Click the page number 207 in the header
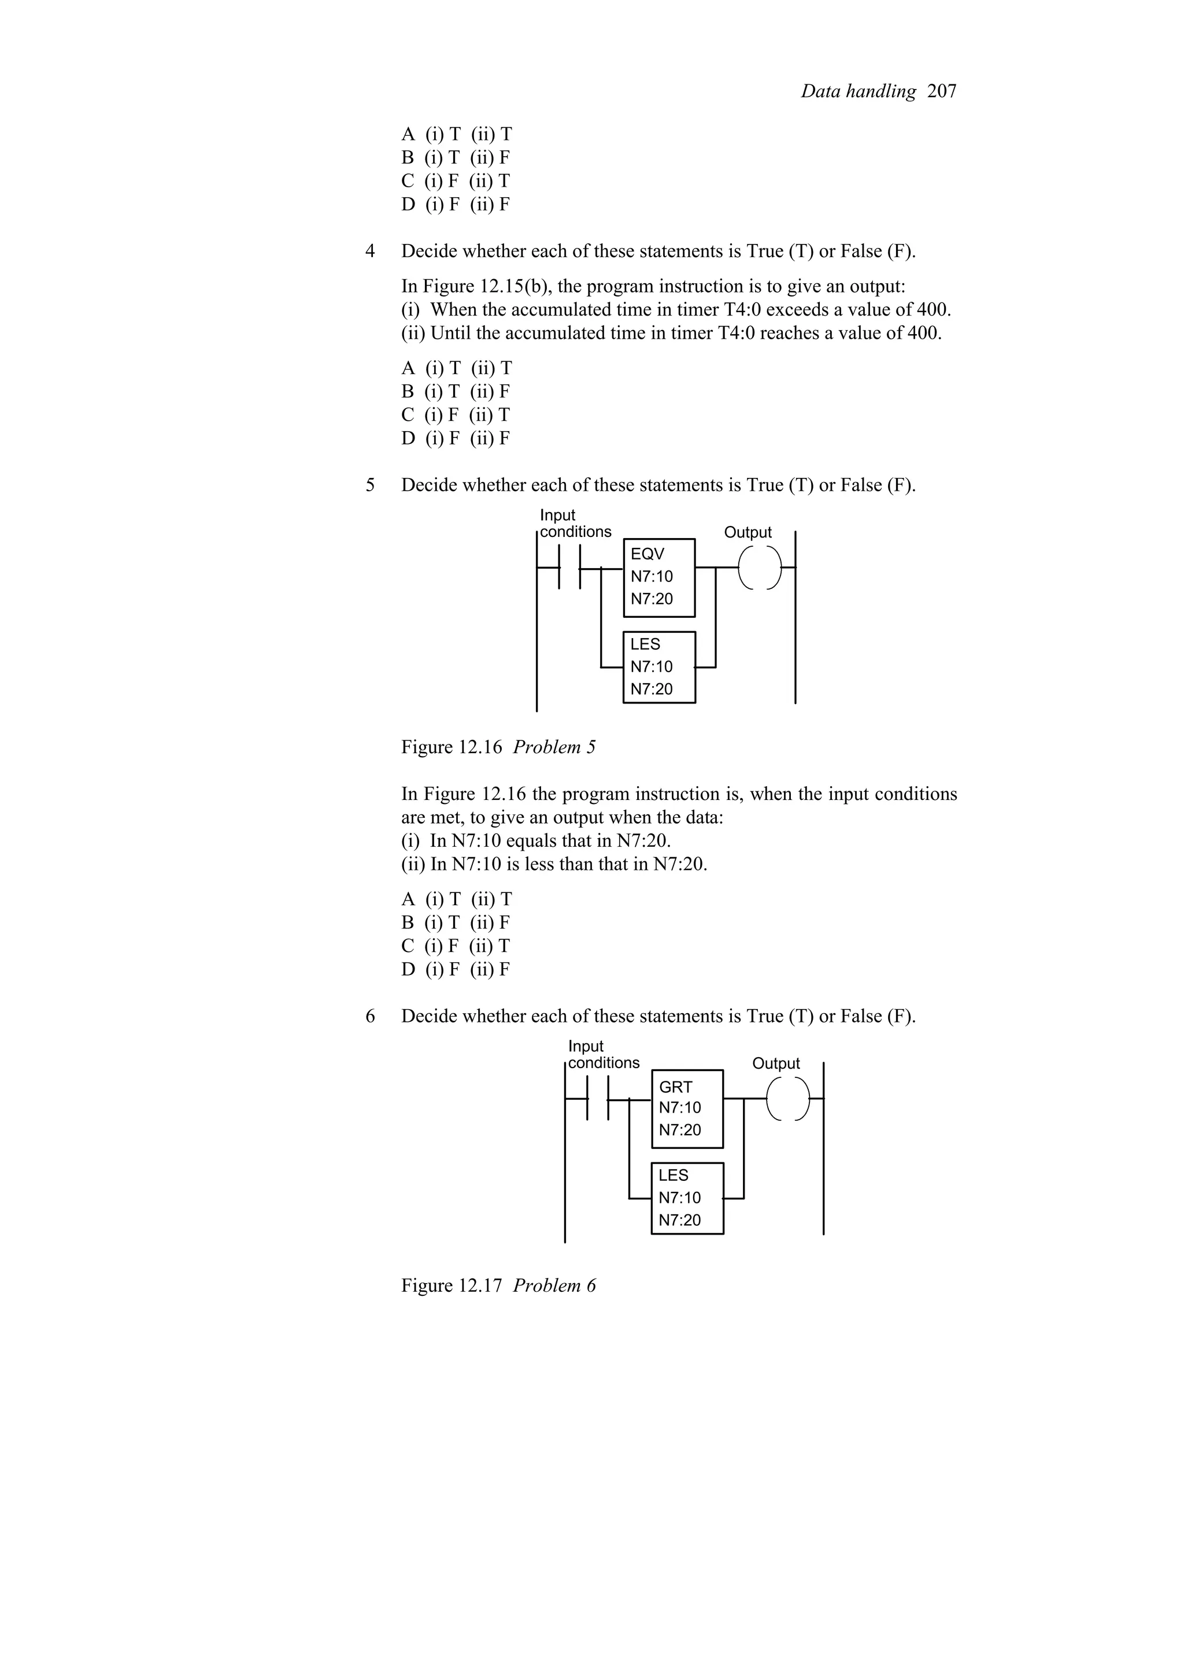pyautogui.click(x=942, y=91)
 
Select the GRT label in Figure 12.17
pyautogui.click(x=675, y=1087)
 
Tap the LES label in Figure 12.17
pyautogui.click(x=674, y=1175)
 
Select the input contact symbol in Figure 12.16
pyautogui.click(x=570, y=567)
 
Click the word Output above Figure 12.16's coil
pyautogui.click(x=748, y=532)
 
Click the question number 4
pyautogui.click(x=371, y=251)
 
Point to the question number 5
pyautogui.click(x=371, y=485)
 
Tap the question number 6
pyautogui.click(x=371, y=1016)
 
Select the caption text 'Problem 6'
pyautogui.click(x=554, y=1285)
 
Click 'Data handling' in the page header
pyautogui.click(x=858, y=91)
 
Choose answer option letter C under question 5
pyautogui.click(x=408, y=946)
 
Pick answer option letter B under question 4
pyautogui.click(x=408, y=392)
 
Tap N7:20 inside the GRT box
pyautogui.click(x=680, y=1130)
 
